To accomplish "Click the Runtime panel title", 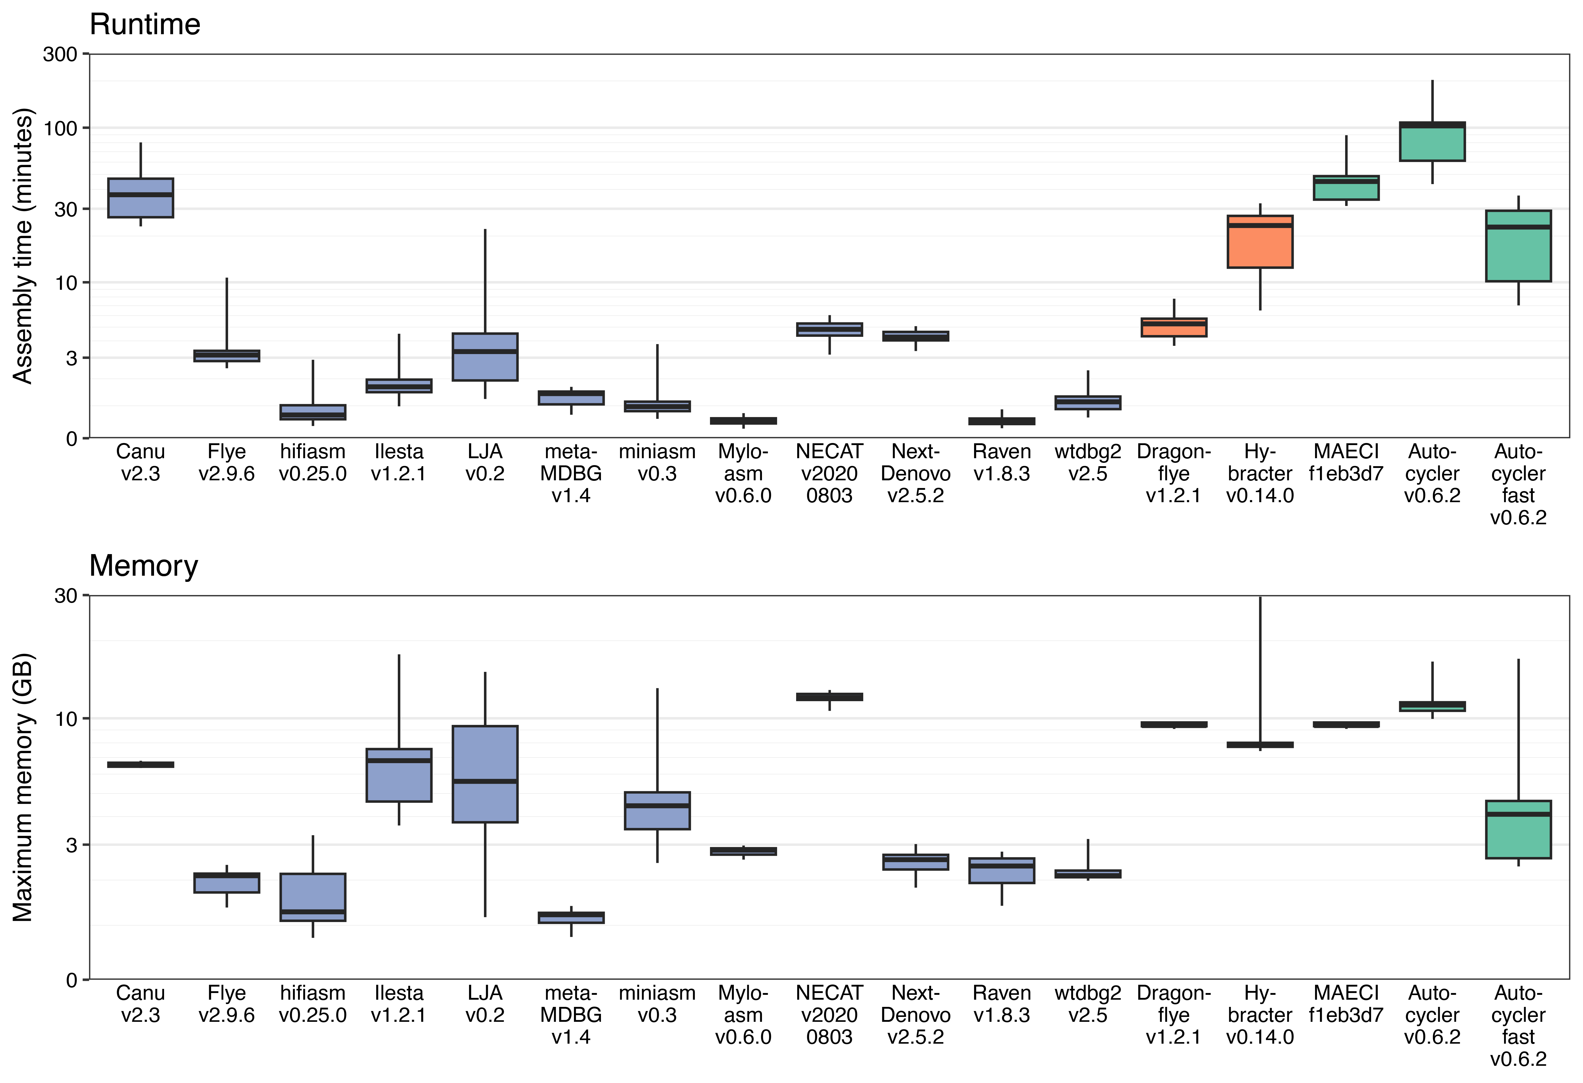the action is (x=145, y=24).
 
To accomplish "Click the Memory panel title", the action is (x=144, y=566).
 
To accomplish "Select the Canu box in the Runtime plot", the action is (x=140, y=197).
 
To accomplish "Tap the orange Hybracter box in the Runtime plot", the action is (x=1260, y=242).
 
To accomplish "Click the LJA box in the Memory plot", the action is (x=485, y=774).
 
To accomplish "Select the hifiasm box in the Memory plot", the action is (x=313, y=897).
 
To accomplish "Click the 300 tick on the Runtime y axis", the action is (x=60, y=54).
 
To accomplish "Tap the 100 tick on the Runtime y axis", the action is (x=60, y=128).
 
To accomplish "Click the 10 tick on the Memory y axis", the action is (x=66, y=719).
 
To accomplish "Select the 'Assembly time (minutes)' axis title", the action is (x=22, y=246).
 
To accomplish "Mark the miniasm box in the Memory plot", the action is (x=657, y=810).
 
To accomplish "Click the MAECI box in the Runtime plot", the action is (x=1346, y=188).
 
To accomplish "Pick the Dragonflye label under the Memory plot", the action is (x=1174, y=1015).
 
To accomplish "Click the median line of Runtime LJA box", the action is (x=485, y=351).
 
